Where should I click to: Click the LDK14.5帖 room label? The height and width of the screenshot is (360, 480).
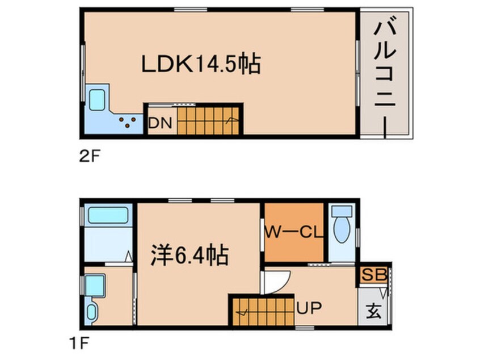click(200, 64)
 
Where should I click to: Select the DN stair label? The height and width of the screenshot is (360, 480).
click(160, 123)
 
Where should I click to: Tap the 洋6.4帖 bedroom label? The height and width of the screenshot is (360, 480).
click(189, 256)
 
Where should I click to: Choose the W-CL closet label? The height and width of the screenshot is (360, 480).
click(291, 232)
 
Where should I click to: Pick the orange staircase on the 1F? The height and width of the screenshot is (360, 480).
click(262, 312)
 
